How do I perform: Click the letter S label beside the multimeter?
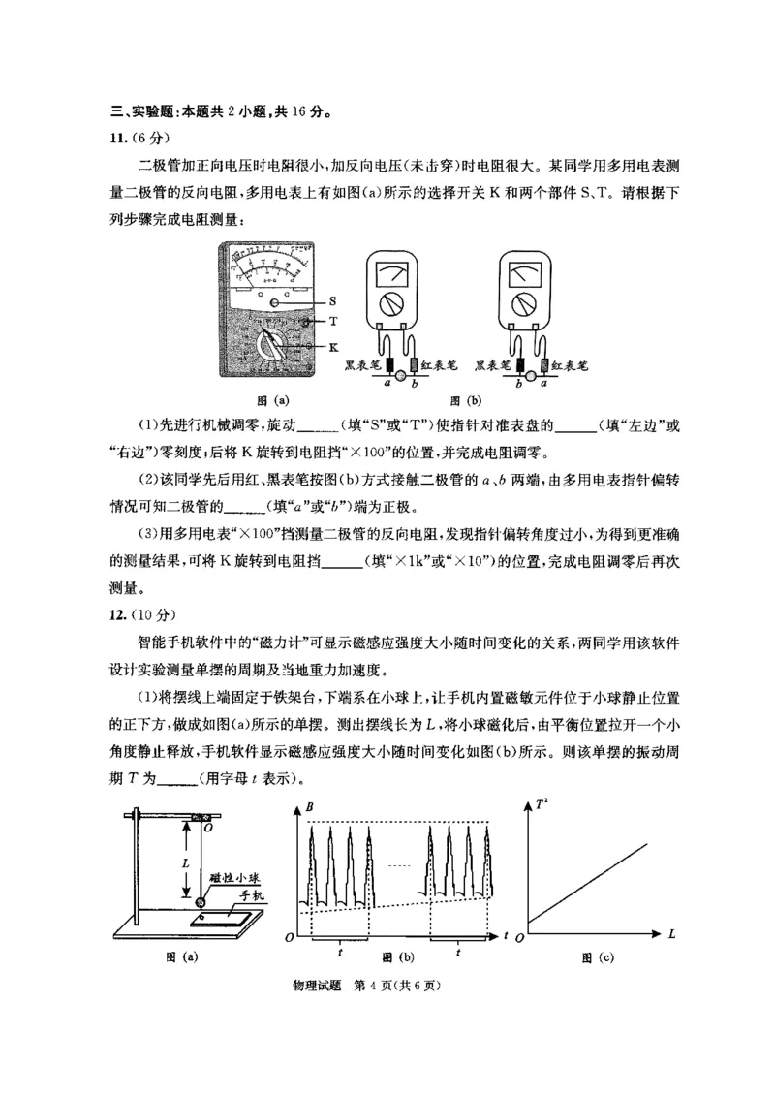click(x=332, y=301)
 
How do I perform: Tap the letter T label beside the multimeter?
click(x=332, y=321)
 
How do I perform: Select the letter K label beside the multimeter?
click(x=333, y=345)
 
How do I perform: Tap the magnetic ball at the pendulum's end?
click(x=201, y=901)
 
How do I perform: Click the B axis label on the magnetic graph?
click(x=309, y=806)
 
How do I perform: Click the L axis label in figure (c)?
click(x=670, y=933)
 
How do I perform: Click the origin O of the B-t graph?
click(x=290, y=938)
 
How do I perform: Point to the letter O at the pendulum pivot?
click(x=210, y=829)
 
